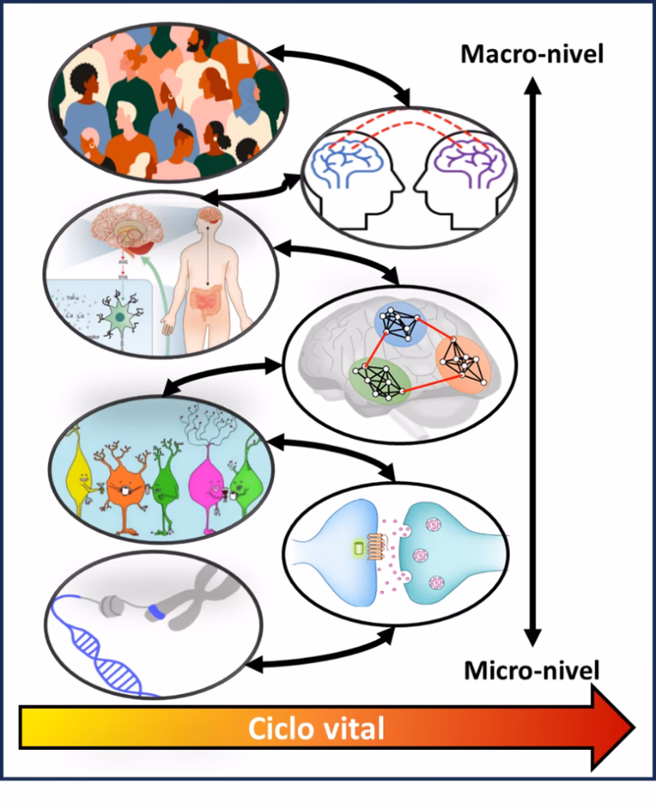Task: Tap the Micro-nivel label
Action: pyautogui.click(x=532, y=671)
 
